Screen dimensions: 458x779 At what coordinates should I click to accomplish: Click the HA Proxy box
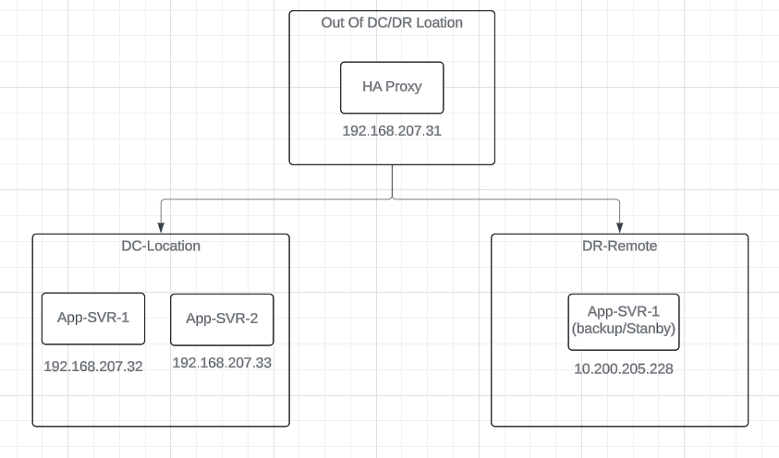392,88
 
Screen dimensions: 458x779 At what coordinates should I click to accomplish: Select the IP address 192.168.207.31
392,131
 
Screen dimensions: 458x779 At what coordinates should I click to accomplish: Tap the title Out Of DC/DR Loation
392,22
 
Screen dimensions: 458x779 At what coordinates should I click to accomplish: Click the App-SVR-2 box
222,319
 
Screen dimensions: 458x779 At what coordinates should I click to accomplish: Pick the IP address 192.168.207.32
93,366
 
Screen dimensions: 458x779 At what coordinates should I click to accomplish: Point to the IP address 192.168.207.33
222,363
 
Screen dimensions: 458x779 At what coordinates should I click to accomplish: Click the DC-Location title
161,247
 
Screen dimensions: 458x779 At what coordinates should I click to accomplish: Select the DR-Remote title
619,247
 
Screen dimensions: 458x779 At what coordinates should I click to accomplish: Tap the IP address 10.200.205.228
623,369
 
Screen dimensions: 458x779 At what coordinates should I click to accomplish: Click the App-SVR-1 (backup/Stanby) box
623,322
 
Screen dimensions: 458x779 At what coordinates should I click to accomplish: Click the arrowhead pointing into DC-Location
161,227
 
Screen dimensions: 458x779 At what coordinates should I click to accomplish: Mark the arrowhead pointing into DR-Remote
619,227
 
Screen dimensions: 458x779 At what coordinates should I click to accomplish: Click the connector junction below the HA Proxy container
393,198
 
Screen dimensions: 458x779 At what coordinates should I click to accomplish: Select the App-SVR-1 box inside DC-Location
92,319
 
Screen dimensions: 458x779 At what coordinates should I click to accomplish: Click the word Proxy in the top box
404,87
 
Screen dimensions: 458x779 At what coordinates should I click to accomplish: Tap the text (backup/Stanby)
624,330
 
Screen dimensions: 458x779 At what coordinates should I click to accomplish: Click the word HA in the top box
372,87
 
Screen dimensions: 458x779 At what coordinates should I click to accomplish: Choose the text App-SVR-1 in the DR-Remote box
624,313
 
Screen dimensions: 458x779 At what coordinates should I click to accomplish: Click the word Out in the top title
333,22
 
